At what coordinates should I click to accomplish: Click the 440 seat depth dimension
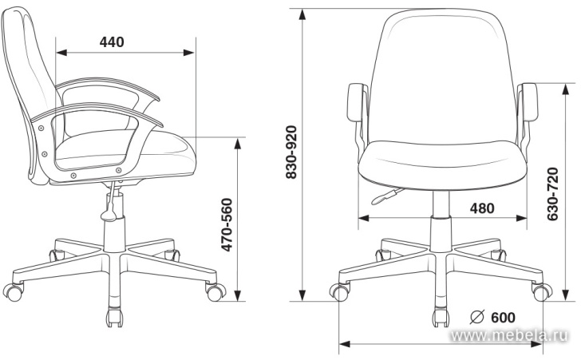(x=112, y=42)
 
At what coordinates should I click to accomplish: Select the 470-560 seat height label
(x=227, y=224)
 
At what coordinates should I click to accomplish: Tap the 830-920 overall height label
(x=291, y=152)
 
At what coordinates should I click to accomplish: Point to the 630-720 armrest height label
(x=552, y=194)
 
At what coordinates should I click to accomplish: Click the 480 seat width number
(x=482, y=208)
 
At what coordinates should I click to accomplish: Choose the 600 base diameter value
(x=503, y=318)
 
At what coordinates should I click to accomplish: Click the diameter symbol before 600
(x=477, y=317)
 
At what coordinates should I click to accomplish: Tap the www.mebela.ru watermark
(x=509, y=335)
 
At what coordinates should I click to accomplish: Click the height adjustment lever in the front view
(x=386, y=196)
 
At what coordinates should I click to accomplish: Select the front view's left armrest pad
(x=357, y=102)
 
